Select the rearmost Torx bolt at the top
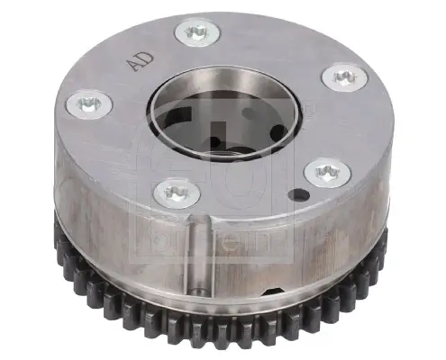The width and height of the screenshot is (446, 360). pyautogui.click(x=196, y=32)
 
